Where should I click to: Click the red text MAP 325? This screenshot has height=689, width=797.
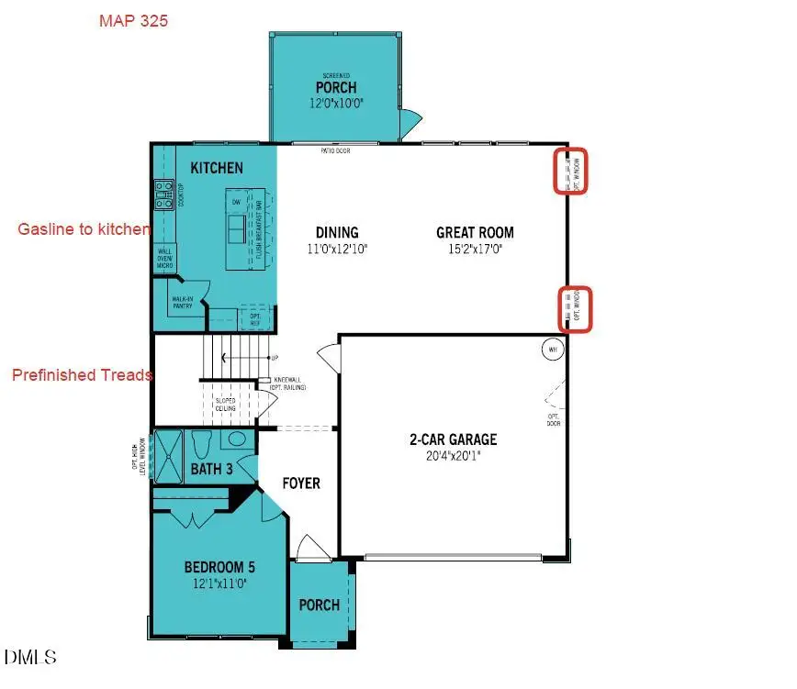(133, 20)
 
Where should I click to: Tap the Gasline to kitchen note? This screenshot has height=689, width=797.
(84, 229)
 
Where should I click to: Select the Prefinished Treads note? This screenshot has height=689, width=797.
(82, 374)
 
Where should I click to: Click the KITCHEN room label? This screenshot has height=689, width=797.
(217, 168)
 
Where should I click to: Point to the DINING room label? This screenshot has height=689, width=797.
(336, 233)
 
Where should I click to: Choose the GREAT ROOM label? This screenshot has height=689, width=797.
(475, 233)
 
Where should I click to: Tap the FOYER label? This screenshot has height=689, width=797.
(300, 483)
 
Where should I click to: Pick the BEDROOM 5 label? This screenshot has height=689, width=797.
(213, 567)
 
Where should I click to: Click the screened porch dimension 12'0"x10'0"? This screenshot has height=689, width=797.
(338, 105)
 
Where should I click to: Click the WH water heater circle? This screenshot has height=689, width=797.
(552, 350)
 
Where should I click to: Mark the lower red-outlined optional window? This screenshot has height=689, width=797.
(576, 308)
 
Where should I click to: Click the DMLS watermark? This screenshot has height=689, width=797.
(30, 658)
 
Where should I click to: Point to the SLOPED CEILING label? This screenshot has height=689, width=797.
(226, 405)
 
